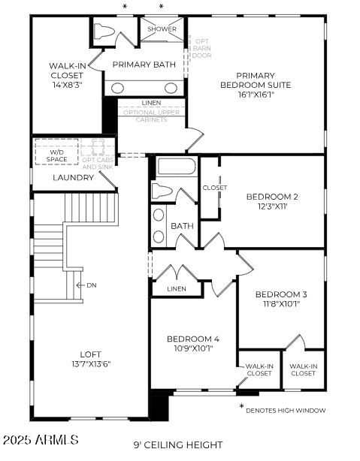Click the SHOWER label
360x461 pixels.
[x=162, y=29]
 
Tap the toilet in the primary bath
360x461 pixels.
[x=104, y=33]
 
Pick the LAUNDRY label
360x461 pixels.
[x=73, y=178]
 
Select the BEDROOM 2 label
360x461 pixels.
[x=272, y=197]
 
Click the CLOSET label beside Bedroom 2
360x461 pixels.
[x=215, y=188]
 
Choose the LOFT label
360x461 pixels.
[x=90, y=354]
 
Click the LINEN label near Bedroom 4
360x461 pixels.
[x=177, y=288]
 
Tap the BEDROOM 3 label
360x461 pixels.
[x=281, y=294]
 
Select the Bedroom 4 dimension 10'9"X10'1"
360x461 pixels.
[x=193, y=348]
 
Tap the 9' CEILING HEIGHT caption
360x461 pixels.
[x=178, y=444]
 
